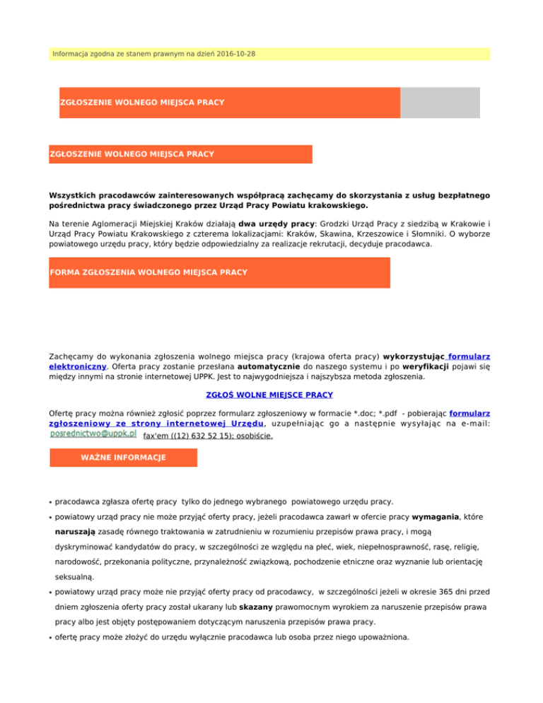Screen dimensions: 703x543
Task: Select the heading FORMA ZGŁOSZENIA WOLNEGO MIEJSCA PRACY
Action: pos(148,272)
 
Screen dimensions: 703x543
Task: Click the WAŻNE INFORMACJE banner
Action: pos(124,458)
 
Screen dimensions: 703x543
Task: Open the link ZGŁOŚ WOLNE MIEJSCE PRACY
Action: pos(271,394)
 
